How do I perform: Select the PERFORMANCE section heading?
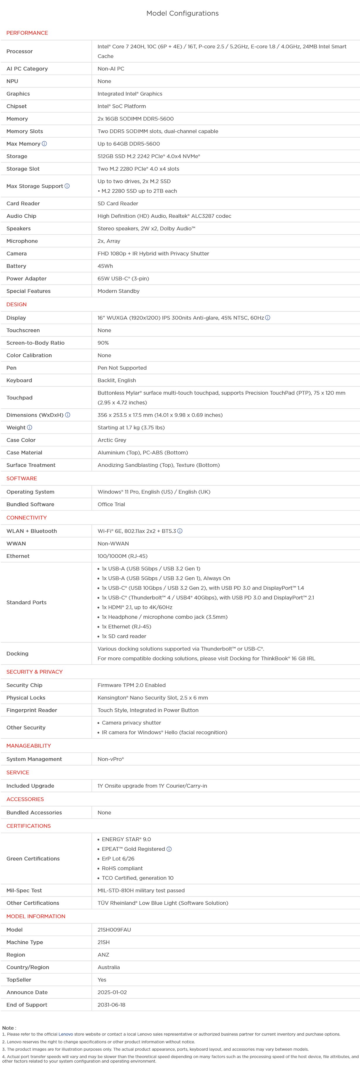pyautogui.click(x=27, y=33)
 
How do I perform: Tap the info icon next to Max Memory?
pyautogui.click(x=44, y=144)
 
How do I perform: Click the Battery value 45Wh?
pyautogui.click(x=105, y=266)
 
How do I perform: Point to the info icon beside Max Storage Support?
pyautogui.click(x=67, y=186)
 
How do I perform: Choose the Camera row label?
pyautogui.click(x=17, y=253)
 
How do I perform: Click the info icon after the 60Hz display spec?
pyautogui.click(x=268, y=318)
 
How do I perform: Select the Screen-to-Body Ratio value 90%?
pyautogui.click(x=103, y=343)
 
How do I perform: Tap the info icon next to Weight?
pyautogui.click(x=30, y=428)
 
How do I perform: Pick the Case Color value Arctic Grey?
pyautogui.click(x=112, y=440)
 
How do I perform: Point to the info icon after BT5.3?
pyautogui.click(x=180, y=531)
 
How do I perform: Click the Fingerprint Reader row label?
pyautogui.click(x=32, y=710)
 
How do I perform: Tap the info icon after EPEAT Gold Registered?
pyautogui.click(x=169, y=849)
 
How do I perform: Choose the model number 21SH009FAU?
pyautogui.click(x=114, y=930)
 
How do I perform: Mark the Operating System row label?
pyautogui.click(x=30, y=492)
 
